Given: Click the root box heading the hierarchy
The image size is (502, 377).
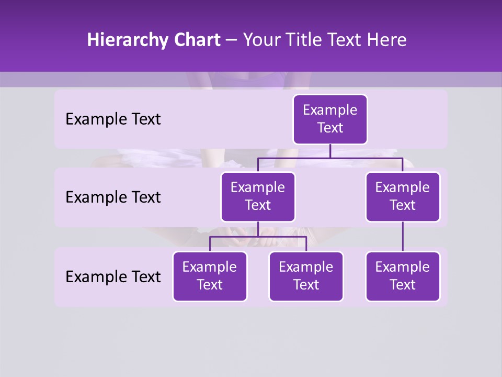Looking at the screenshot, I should [x=330, y=119].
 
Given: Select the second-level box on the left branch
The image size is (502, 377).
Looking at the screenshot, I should [x=258, y=197].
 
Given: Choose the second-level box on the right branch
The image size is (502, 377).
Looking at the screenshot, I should [x=403, y=197].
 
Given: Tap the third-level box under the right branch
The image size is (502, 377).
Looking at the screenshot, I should [x=403, y=276].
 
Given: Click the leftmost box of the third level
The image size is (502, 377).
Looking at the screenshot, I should [x=210, y=276].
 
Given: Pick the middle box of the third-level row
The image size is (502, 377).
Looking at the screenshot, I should [x=306, y=276].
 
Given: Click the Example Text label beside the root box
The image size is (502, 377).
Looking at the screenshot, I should [x=113, y=119].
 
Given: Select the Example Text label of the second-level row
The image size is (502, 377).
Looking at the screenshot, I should [x=113, y=197].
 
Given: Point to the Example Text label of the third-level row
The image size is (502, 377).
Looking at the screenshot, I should [x=113, y=277].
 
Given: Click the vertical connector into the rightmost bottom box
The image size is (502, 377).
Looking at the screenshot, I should [x=403, y=237].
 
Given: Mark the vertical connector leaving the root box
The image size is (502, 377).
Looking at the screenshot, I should [x=330, y=151].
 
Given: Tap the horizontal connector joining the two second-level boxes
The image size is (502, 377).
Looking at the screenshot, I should [x=330, y=158].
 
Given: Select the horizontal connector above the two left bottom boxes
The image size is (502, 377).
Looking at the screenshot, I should [x=258, y=237].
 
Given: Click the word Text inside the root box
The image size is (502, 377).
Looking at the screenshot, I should [x=330, y=128].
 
